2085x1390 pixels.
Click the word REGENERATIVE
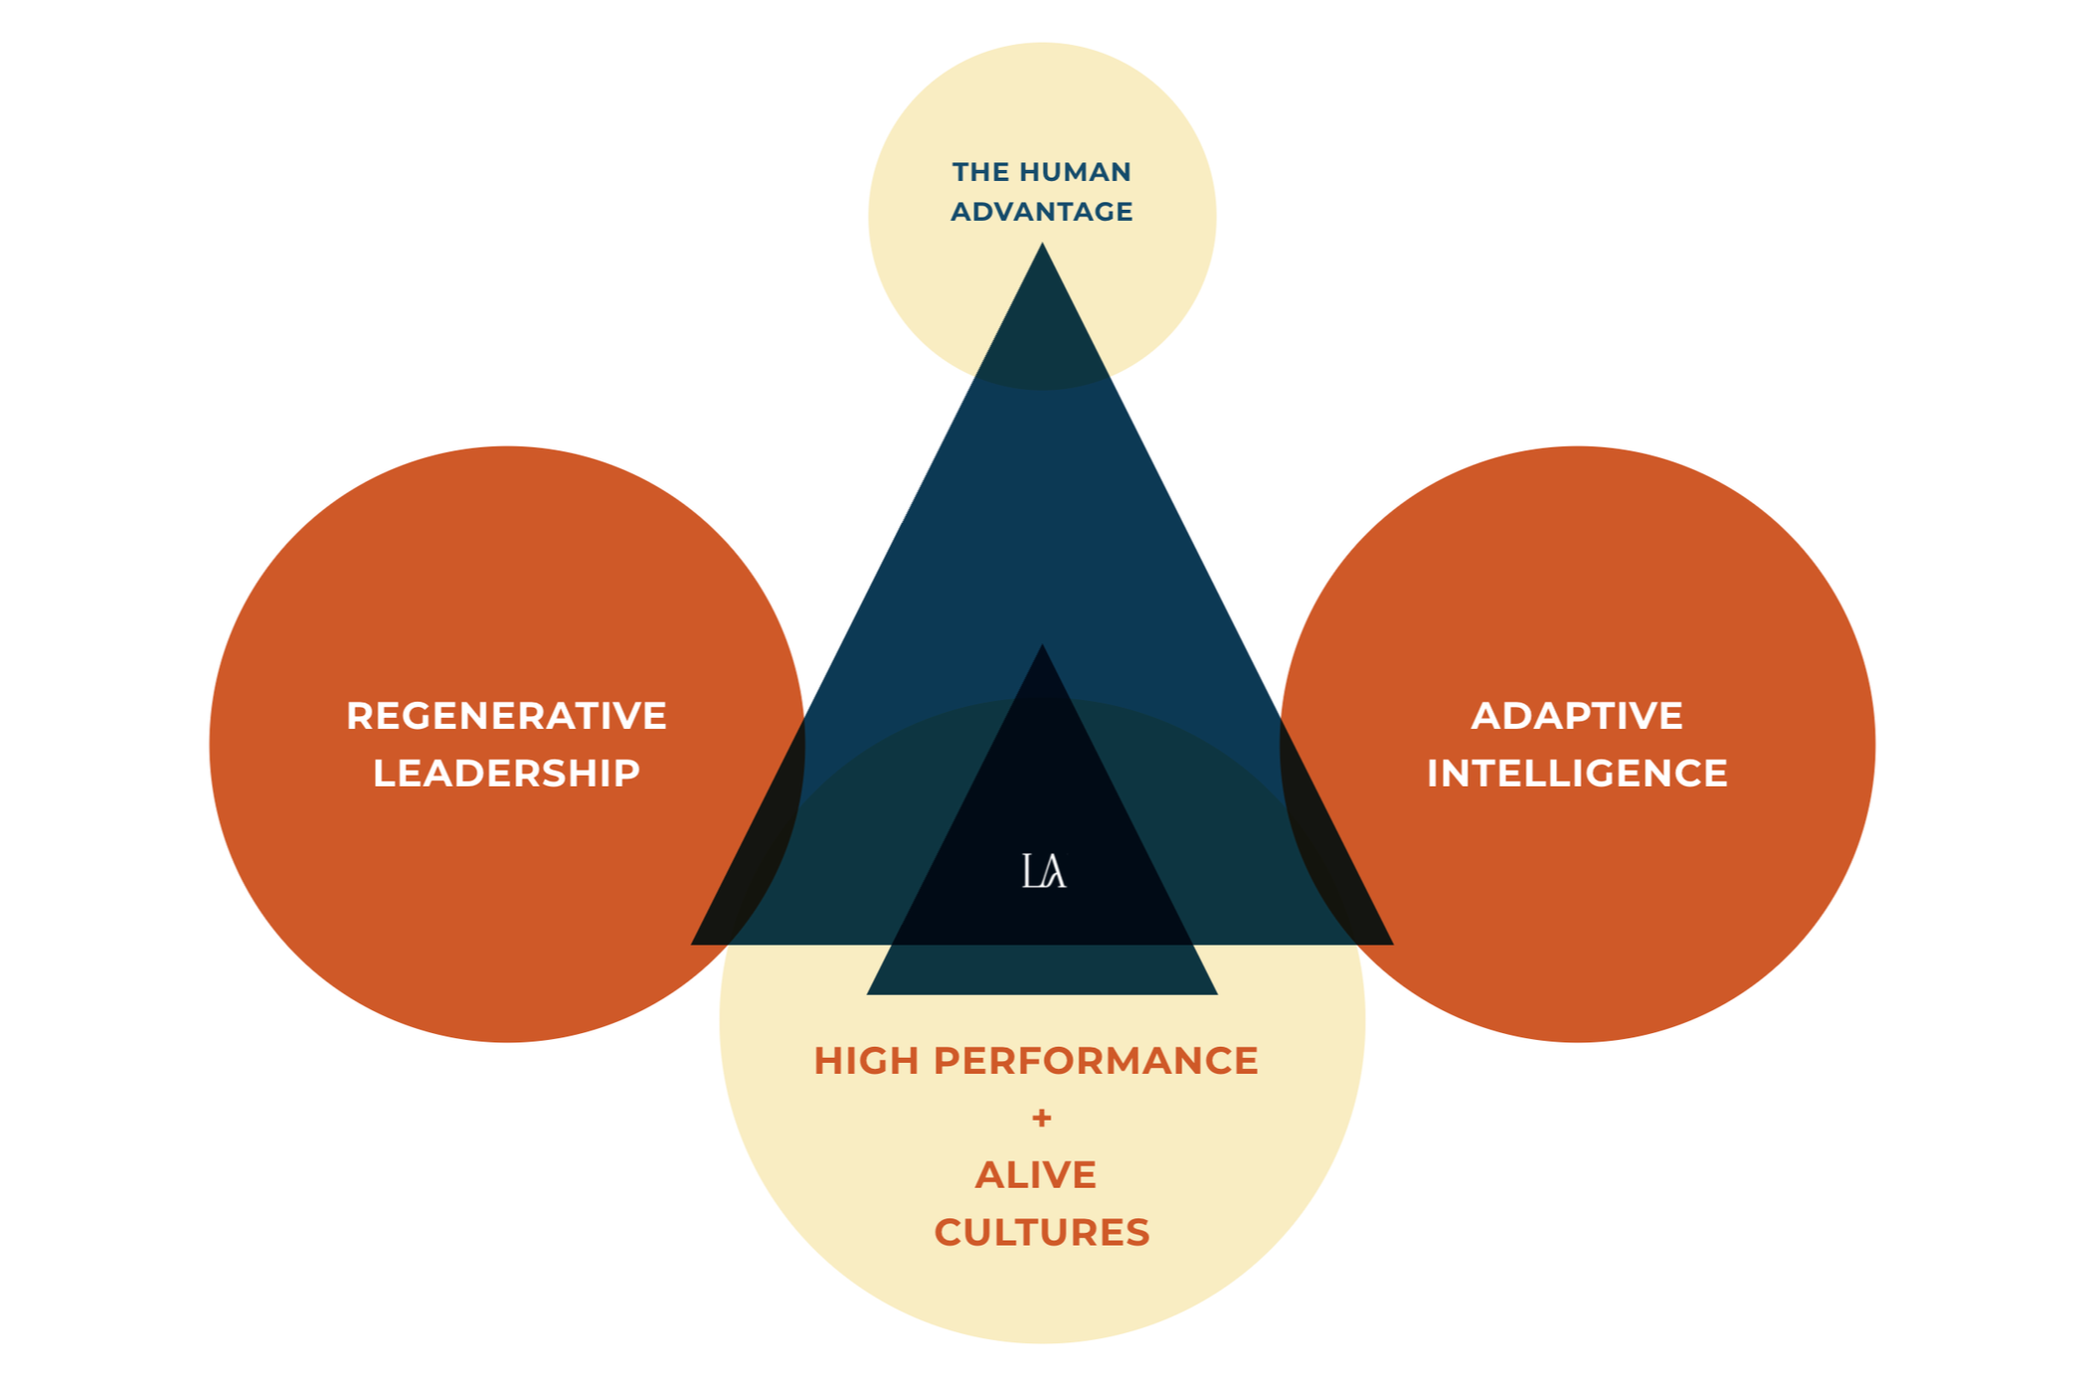[506, 716]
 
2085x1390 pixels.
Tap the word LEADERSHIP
[506, 774]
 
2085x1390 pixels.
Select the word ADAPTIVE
[1577, 716]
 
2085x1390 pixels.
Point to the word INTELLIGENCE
[1577, 774]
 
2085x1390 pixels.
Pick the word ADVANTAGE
[1042, 212]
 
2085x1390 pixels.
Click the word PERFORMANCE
[1096, 1061]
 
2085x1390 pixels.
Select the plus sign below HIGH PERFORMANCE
[1042, 1119]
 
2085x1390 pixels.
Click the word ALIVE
[1036, 1175]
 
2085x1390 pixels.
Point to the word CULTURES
[1042, 1233]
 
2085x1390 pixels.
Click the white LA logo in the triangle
[1044, 871]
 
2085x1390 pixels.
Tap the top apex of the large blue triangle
[1042, 244]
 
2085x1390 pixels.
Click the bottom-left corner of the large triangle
[692, 944]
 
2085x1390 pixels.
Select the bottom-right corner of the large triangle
[1392, 944]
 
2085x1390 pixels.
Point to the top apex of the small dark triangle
[1042, 645]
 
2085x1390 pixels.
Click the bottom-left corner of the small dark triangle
[868, 993]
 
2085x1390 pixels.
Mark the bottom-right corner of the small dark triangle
[1216, 993]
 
